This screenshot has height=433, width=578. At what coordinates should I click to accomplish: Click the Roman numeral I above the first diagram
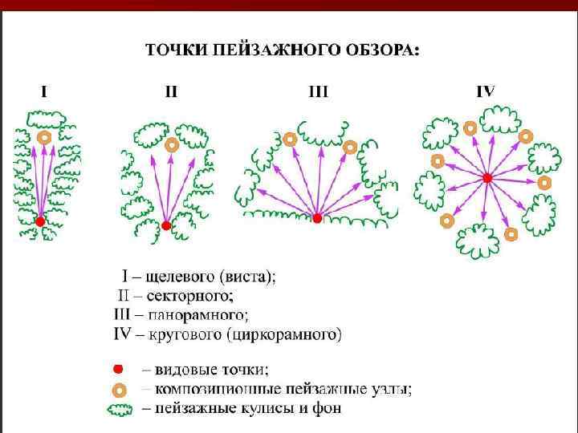point(44,91)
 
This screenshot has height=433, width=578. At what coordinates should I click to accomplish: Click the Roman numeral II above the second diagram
point(171,91)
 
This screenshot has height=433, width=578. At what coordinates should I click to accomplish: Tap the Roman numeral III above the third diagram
point(319,91)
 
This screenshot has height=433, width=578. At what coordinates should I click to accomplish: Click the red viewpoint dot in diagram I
point(40,221)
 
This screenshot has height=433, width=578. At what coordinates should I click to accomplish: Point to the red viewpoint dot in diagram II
point(166,226)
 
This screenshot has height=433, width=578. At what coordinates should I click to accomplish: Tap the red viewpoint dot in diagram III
point(317,218)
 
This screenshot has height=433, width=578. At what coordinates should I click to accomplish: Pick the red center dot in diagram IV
point(486,177)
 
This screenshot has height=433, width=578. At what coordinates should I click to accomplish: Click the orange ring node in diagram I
point(45,137)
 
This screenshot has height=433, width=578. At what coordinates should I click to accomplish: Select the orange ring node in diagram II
point(172,146)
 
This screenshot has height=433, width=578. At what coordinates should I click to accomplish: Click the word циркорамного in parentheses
point(290,332)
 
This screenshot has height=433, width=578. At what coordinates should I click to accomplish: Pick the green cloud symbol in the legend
point(120,410)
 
